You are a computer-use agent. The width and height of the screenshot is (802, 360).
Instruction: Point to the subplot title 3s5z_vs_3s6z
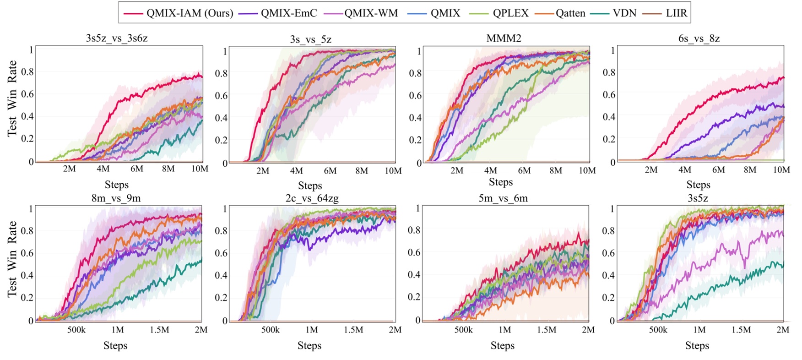[117, 38]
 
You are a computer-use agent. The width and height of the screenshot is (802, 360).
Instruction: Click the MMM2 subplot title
[504, 38]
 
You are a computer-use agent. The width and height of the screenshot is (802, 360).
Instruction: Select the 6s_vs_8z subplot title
[699, 38]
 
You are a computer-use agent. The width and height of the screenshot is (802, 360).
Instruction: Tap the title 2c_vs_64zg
[312, 198]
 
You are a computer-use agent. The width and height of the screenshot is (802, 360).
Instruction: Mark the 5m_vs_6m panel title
[503, 198]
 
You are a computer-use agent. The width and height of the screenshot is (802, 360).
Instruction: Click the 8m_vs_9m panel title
[116, 198]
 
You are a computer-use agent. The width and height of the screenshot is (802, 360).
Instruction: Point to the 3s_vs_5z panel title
[311, 39]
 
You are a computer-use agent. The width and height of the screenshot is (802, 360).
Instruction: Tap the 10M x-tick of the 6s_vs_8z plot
[781, 170]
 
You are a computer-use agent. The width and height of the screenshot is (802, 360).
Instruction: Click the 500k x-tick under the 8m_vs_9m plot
[76, 330]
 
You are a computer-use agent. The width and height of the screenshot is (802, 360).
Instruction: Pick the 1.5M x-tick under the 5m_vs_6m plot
[547, 330]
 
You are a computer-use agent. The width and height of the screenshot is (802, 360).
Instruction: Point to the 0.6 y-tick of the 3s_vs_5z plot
[222, 95]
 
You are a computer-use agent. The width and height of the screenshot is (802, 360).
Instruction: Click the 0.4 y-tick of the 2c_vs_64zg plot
[222, 275]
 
